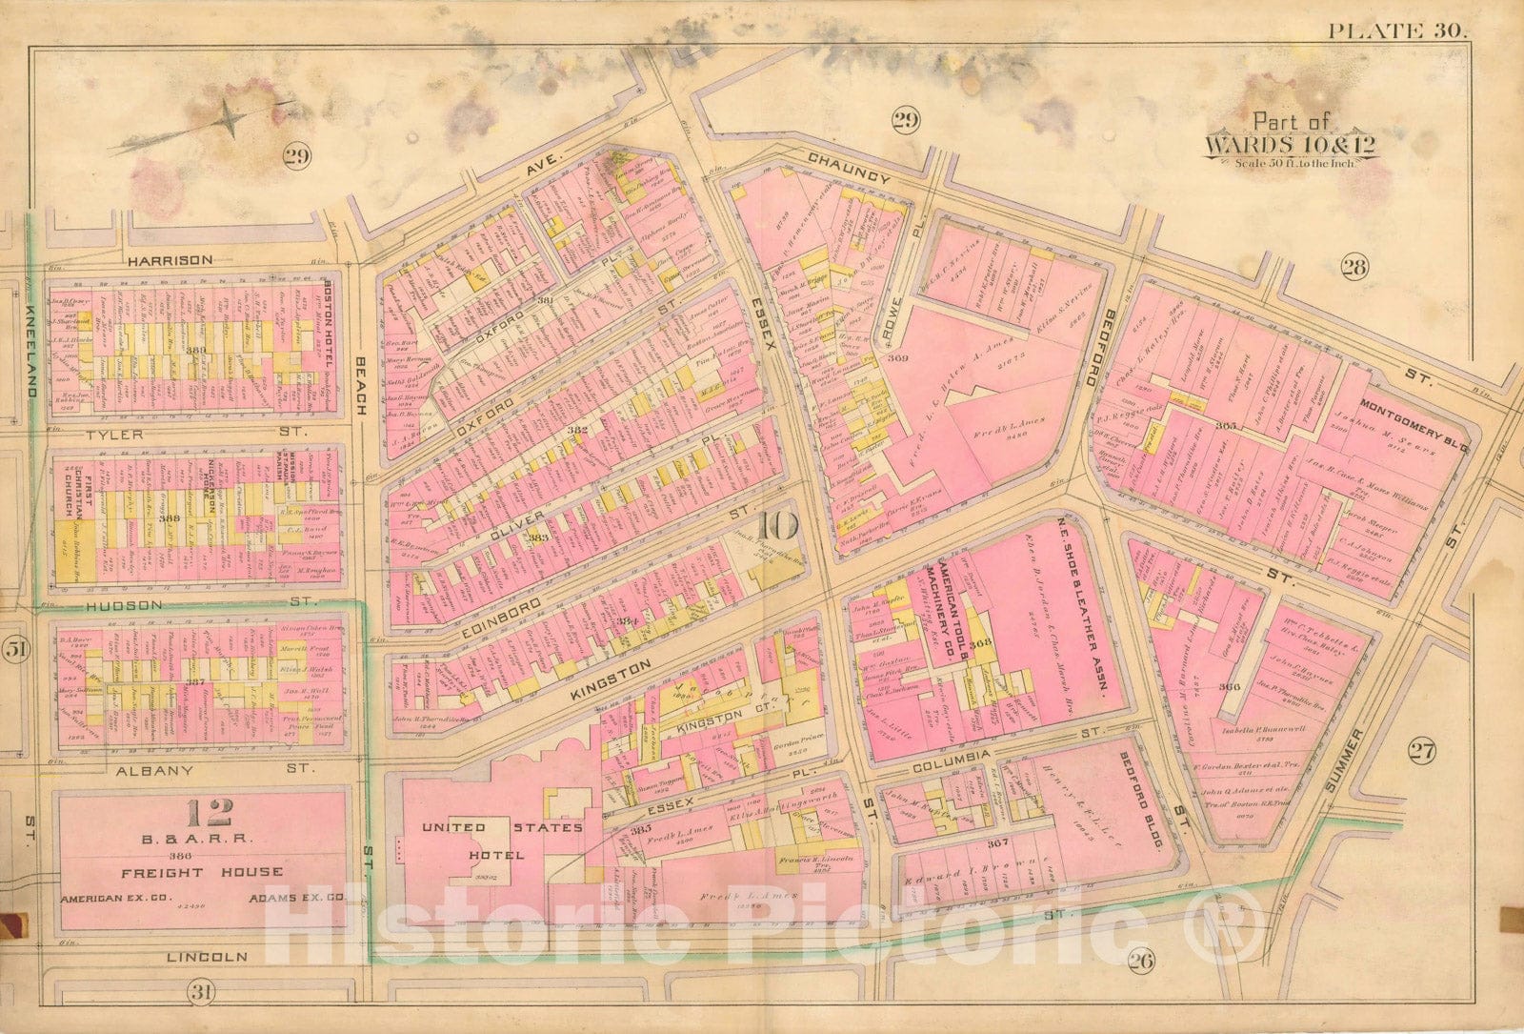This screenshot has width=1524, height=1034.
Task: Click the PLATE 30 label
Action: click(x=1397, y=30)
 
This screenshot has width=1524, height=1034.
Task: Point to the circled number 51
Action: click(x=16, y=650)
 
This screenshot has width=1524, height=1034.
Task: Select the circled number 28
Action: click(x=1354, y=267)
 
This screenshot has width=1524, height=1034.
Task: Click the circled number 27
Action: click(x=1421, y=753)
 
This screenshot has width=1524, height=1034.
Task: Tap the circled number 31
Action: click(x=200, y=993)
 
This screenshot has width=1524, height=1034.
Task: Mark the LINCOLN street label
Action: click(x=207, y=956)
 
